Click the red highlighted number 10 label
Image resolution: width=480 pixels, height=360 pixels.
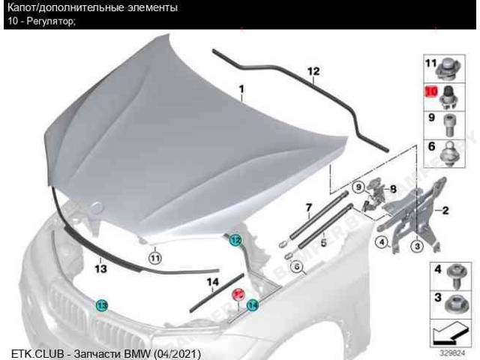pos(431,91)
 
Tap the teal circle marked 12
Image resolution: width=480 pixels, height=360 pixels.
pos(235,240)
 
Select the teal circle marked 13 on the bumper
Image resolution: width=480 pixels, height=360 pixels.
pos(101,305)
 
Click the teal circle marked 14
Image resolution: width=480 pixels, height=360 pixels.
pos(252,305)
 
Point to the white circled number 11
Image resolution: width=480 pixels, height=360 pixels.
pos(155,259)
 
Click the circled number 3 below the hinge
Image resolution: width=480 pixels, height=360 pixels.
pos(418,245)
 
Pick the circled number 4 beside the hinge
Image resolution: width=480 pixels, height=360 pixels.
pos(382,242)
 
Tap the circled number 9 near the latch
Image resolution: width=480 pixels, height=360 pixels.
pos(358,187)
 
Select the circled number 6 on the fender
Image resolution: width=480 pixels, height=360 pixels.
pos(297,267)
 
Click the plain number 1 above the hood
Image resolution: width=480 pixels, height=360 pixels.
pos(241,89)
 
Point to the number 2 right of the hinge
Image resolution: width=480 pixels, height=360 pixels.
pos(445,210)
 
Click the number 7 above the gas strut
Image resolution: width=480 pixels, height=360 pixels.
pos(308,208)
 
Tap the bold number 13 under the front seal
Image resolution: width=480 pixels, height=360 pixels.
pos(100,269)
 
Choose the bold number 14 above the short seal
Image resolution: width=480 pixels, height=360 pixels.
pos(213,282)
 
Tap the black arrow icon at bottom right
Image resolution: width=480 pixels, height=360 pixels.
pos(450,336)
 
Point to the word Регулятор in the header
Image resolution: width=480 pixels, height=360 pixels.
pos(50,22)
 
